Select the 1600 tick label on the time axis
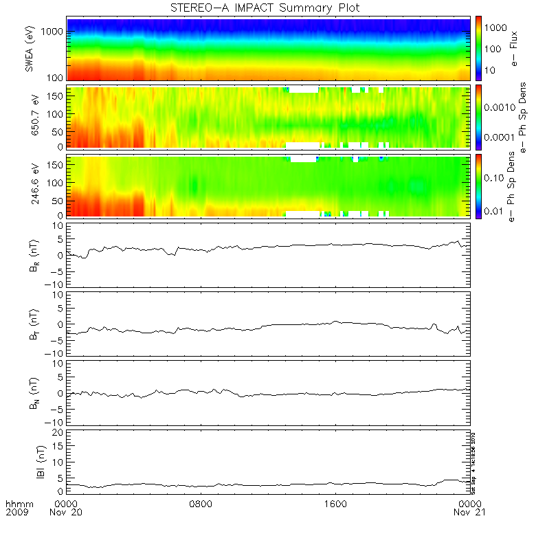(335, 504)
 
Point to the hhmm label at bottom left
(16, 504)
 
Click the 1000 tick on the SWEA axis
(54, 32)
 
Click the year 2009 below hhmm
(16, 513)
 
